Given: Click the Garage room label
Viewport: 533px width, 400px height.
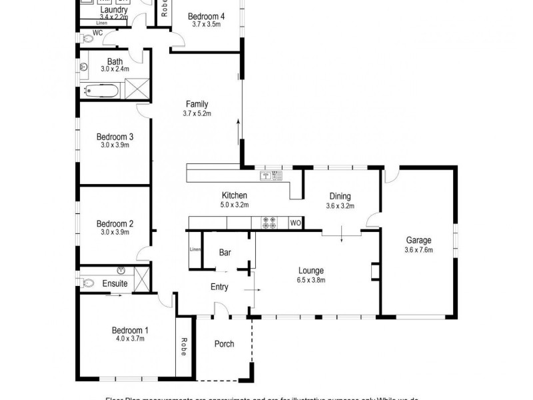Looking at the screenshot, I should coord(419,241).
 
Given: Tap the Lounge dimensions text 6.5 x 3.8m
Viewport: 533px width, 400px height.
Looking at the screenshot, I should coord(311,280).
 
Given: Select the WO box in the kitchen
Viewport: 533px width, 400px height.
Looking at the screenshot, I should coord(295,223).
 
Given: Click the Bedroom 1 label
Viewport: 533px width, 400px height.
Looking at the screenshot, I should coord(131,330).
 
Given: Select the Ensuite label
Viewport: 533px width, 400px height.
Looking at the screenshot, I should coord(115,284).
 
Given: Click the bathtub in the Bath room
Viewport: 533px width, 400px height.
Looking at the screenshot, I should coord(103,91).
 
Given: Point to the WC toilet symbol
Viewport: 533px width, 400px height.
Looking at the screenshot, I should coord(89,39).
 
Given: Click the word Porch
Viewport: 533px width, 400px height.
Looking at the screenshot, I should coord(224,344).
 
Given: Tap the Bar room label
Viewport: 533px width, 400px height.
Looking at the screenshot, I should coord(225,253).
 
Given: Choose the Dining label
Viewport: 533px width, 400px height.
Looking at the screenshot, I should coord(340,197).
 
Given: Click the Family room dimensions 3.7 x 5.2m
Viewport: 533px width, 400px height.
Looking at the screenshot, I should coord(197,113).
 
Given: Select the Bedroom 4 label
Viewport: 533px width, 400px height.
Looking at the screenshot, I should coord(206,16).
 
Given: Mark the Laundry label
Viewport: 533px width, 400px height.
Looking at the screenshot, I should coord(114,11).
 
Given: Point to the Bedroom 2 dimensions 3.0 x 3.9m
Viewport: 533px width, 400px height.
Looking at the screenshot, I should coord(115,232).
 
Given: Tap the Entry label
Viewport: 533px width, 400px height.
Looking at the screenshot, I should coord(219,287).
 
